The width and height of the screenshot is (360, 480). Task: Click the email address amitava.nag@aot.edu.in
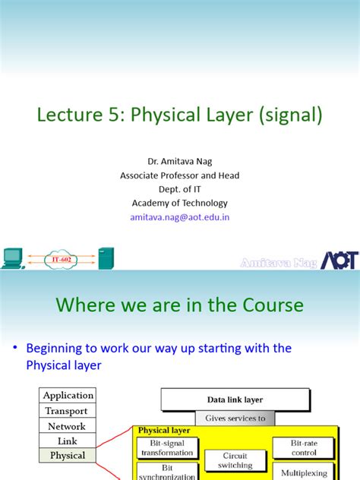click(x=180, y=216)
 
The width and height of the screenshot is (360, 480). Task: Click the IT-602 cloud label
click(x=65, y=260)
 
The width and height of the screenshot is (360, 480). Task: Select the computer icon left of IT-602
click(x=13, y=258)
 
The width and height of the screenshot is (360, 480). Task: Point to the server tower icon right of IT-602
click(x=106, y=258)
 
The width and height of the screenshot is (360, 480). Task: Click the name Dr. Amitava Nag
click(x=180, y=162)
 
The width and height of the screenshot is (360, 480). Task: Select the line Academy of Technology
click(x=180, y=203)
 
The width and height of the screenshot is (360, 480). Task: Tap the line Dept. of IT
click(x=180, y=189)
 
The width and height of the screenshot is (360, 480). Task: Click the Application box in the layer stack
click(x=68, y=396)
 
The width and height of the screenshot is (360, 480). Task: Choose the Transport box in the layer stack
click(x=68, y=411)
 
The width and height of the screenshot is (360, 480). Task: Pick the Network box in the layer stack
click(x=68, y=426)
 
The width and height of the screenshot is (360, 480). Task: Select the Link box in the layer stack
click(x=68, y=441)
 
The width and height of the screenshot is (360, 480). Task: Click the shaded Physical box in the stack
click(x=68, y=456)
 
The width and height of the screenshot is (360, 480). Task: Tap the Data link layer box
click(x=235, y=399)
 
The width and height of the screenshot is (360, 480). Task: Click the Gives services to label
click(x=235, y=418)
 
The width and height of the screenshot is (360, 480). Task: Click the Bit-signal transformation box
click(x=167, y=447)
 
